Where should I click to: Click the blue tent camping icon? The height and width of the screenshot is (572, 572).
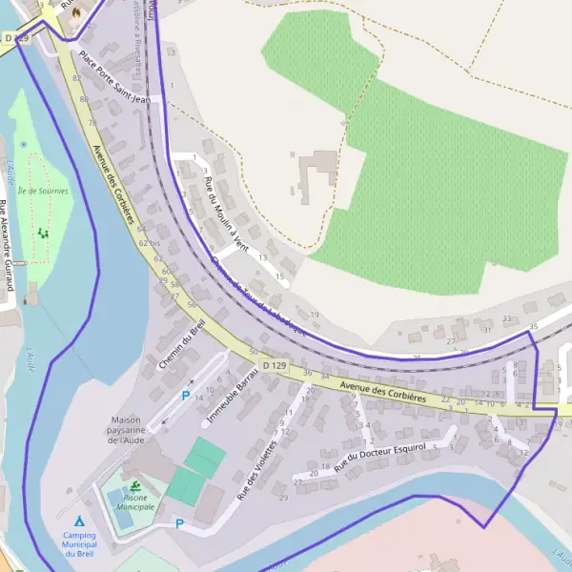79,521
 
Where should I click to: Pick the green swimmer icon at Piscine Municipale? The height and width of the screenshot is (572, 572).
136,487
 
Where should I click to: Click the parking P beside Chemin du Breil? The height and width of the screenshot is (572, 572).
186,395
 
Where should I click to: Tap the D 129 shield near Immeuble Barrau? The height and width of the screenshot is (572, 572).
275,365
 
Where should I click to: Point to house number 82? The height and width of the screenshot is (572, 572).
76,77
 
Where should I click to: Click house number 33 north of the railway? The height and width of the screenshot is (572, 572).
507,318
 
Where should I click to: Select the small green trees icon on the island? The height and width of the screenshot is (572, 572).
42,233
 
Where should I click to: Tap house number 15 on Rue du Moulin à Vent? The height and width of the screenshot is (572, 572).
280,276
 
